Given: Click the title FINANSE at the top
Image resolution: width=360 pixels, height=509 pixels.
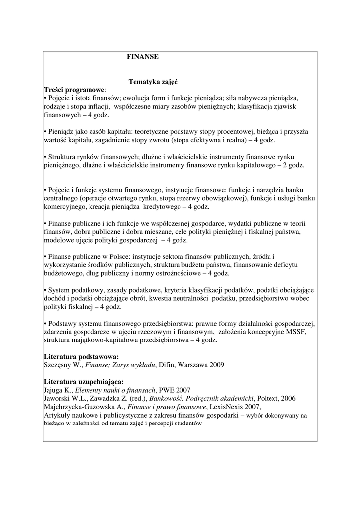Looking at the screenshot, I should tap(143, 57).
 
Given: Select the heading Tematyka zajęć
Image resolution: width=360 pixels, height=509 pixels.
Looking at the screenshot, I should tap(153, 81).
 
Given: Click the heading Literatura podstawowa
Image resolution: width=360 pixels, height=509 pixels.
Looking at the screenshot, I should tap(82, 356).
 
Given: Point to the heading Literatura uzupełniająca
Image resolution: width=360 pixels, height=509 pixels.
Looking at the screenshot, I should tap(84, 381).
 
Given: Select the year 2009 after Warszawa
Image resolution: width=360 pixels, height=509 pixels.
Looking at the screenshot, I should tap(216, 365).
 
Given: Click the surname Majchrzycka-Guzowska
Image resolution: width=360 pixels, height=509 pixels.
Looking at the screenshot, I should tap(80, 407).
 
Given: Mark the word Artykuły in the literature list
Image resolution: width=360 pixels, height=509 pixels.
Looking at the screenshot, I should tap(57, 415).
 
